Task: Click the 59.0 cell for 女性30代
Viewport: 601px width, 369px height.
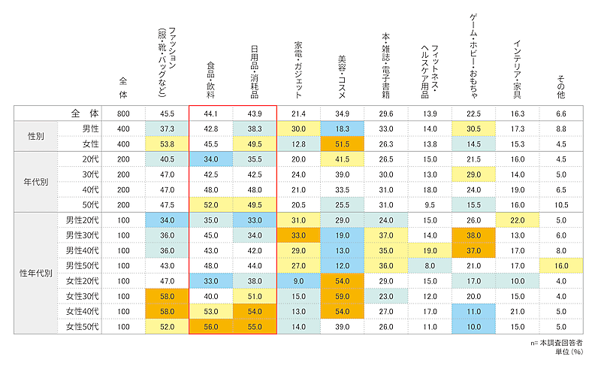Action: [343, 295]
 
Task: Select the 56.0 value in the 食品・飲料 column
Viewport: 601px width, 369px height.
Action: [211, 327]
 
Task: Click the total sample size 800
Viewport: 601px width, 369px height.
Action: [124, 113]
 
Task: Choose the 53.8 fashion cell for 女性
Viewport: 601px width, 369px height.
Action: [168, 144]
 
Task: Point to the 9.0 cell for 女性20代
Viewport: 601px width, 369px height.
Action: [299, 280]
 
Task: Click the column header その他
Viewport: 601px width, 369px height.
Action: [560, 86]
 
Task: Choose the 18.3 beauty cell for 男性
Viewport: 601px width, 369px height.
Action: [343, 129]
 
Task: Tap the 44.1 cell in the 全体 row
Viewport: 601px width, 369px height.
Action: [211, 113]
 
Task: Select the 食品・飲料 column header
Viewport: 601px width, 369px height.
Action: [211, 82]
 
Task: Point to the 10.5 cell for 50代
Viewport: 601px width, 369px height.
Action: [561, 204]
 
